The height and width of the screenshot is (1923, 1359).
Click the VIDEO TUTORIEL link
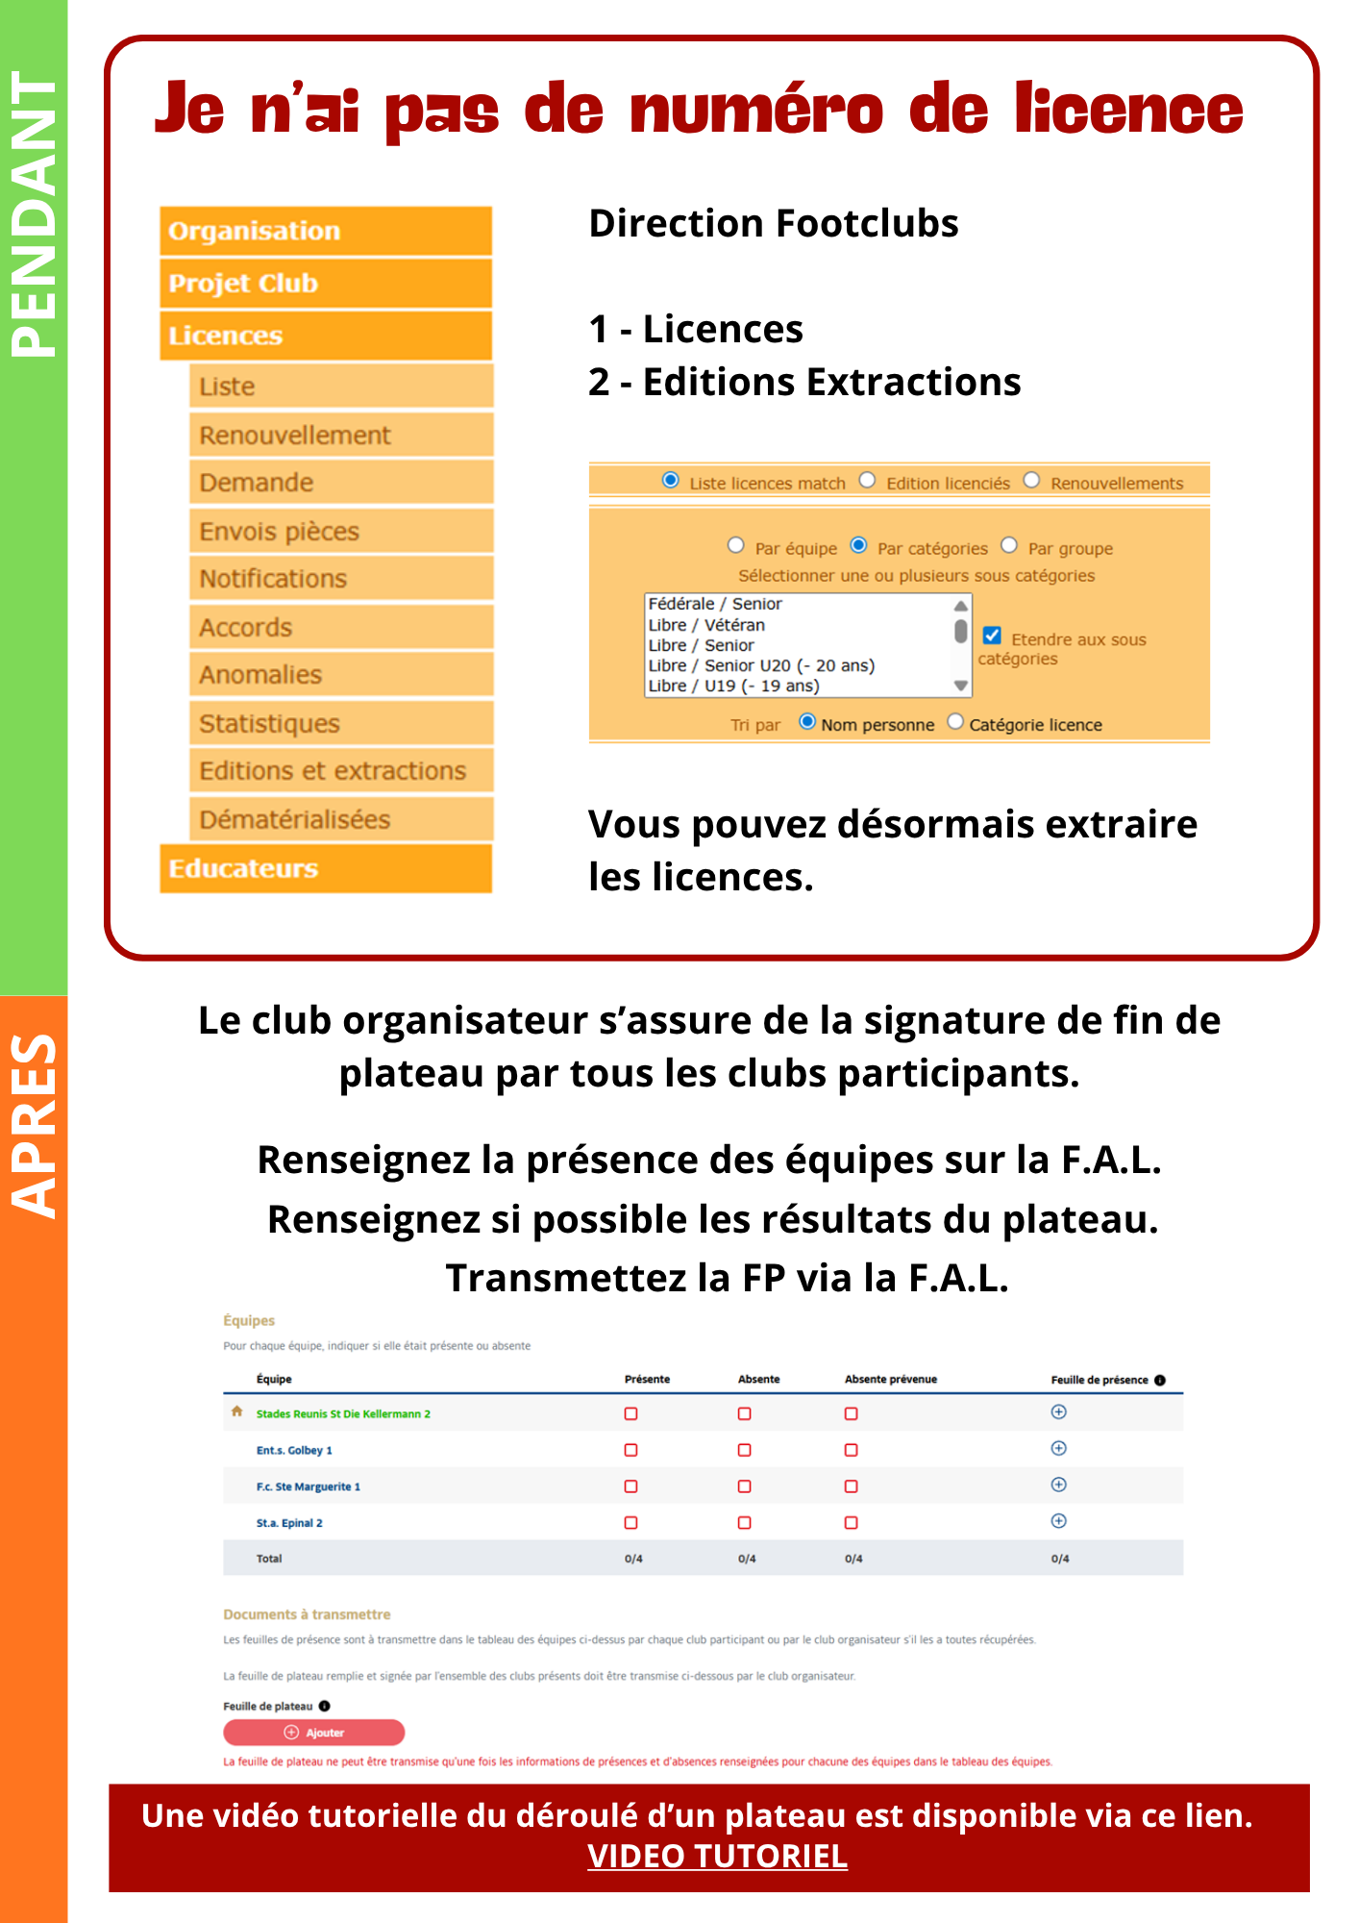pyautogui.click(x=717, y=1856)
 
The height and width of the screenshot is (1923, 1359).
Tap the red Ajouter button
pyautogui.click(x=313, y=1732)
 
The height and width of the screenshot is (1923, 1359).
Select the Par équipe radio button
pyautogui.click(x=736, y=546)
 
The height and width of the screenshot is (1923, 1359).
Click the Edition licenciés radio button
pyautogui.click(x=868, y=481)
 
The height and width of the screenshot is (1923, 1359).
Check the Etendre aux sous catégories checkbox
pyautogui.click(x=993, y=636)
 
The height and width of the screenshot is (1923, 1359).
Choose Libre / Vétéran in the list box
pyautogui.click(x=706, y=625)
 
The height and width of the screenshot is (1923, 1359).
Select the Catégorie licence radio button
pyautogui.click(x=955, y=722)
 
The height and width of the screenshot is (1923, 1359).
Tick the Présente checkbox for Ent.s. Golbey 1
pyautogui.click(x=631, y=1450)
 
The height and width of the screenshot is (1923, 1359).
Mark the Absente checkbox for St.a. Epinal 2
pyautogui.click(x=745, y=1522)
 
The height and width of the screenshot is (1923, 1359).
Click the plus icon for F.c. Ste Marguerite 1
pyautogui.click(x=1059, y=1485)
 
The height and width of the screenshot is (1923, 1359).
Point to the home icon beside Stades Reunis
pyautogui.click(x=237, y=1411)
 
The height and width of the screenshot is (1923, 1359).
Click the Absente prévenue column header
pyautogui.click(x=890, y=1379)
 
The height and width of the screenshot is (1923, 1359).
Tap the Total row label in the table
pyautogui.click(x=269, y=1559)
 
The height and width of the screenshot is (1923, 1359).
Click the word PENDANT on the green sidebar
pyautogui.click(x=34, y=213)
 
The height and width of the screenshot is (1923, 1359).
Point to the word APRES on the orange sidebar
pyautogui.click(x=34, y=1125)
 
